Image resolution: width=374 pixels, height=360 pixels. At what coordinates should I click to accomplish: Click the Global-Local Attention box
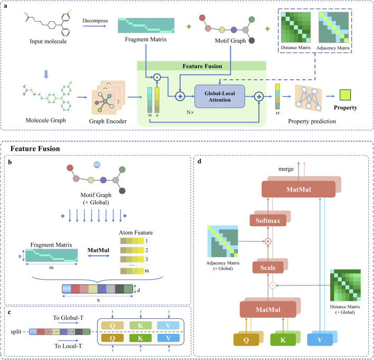220,96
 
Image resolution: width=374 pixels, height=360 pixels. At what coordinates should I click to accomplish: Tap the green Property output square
345,94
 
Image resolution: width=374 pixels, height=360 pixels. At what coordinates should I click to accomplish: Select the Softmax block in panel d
268,221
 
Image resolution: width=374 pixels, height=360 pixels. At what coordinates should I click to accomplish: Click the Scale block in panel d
268,268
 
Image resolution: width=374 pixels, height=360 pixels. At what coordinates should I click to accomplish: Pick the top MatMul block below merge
298,190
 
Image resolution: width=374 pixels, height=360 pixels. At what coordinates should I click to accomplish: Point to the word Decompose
95,21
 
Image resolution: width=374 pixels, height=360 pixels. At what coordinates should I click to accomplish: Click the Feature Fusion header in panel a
202,66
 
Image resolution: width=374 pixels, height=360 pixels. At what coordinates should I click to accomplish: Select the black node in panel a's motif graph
251,41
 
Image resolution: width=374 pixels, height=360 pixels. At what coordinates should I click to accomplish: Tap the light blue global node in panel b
97,165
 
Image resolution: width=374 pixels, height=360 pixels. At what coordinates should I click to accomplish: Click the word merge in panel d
286,169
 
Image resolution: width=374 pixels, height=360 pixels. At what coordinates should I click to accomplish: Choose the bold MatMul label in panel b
98,250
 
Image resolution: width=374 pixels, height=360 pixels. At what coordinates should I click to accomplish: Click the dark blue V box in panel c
169,338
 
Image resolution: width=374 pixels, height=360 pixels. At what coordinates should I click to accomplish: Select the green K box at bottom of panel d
283,340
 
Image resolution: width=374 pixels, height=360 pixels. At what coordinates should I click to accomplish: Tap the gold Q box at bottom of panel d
246,340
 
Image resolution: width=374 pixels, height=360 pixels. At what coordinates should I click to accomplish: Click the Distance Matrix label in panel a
296,48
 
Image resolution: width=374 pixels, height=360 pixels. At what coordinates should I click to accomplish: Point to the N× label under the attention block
190,112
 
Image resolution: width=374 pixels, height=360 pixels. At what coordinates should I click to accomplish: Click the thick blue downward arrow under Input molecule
46,74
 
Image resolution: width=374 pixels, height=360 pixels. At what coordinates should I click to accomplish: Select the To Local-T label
68,346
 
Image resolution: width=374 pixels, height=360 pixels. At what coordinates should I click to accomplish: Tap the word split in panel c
16,331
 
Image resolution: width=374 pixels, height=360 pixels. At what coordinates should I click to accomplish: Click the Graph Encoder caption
108,121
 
